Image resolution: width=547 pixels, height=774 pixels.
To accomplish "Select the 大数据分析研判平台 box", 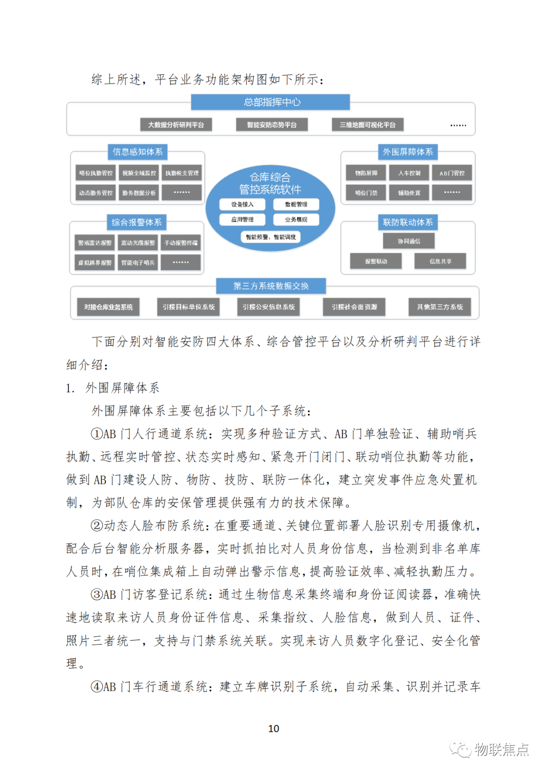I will pyautogui.click(x=176, y=125).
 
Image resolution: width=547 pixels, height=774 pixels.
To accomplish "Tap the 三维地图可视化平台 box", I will pyautogui.click(x=368, y=125).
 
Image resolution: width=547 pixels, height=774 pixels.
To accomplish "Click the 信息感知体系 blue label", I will pyautogui.click(x=137, y=152).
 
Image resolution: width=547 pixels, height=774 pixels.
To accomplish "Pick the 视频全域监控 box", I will pyautogui.click(x=139, y=173).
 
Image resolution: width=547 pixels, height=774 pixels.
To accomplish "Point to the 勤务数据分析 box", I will pyautogui.click(x=139, y=192).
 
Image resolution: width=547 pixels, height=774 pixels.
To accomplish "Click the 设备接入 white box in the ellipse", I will pyautogui.click(x=243, y=204).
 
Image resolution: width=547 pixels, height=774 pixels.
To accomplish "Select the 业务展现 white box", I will pyautogui.click(x=296, y=219).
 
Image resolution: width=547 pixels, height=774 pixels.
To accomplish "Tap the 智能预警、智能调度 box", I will pyautogui.click(x=270, y=237).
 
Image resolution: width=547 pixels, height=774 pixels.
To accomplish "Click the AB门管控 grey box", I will pyautogui.click(x=452, y=173).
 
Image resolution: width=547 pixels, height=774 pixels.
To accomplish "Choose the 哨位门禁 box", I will pyautogui.click(x=366, y=192).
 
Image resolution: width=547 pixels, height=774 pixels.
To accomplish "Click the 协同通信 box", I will pyautogui.click(x=409, y=241).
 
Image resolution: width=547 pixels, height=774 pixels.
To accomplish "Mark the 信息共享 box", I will pyautogui.click(x=440, y=261).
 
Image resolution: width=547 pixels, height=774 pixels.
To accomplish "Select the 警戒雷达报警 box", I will pyautogui.click(x=95, y=243).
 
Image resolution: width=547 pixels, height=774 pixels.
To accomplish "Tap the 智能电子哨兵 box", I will pyautogui.click(x=138, y=262).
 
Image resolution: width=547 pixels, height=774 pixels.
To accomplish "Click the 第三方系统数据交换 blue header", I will pyautogui.click(x=271, y=286).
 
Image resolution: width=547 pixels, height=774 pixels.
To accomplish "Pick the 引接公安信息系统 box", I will pyautogui.click(x=268, y=307).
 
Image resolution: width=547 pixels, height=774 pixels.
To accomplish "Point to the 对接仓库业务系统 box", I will pyautogui.click(x=108, y=307).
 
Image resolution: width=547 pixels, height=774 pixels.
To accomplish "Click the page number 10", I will pyautogui.click(x=273, y=728).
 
